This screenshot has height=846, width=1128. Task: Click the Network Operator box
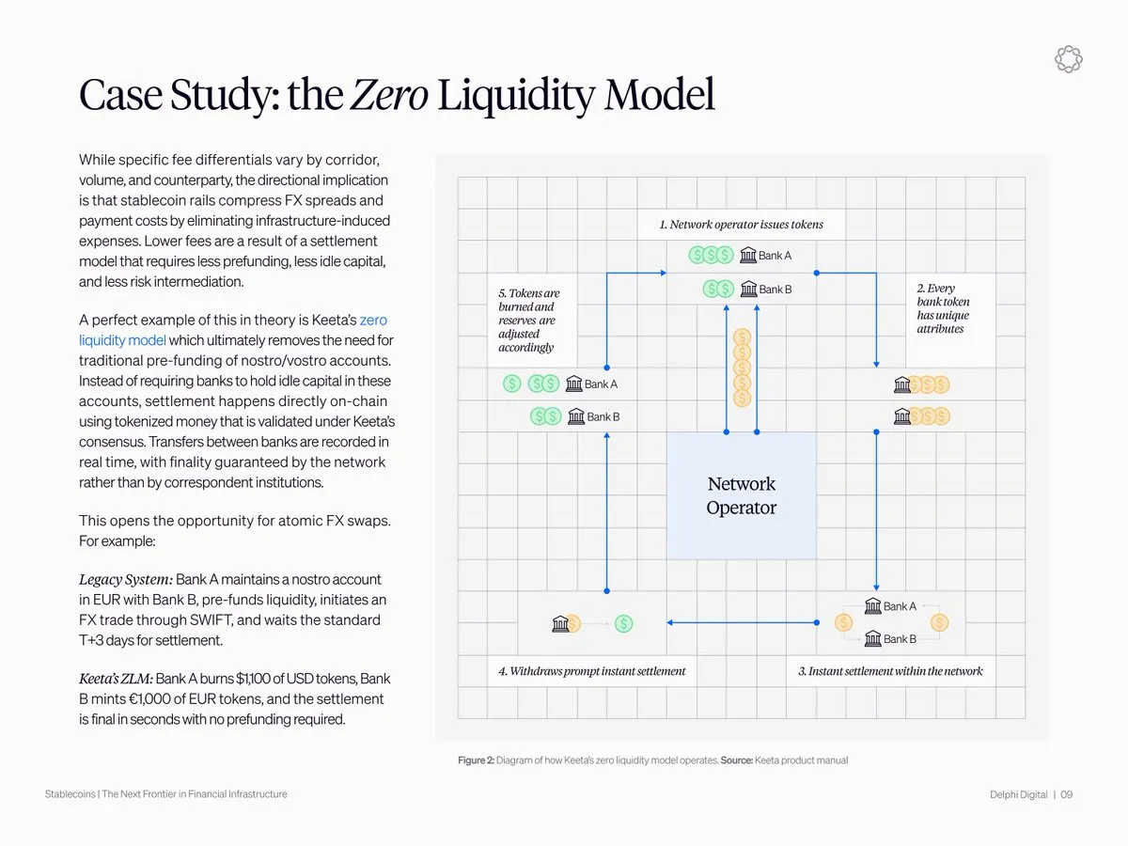point(741,495)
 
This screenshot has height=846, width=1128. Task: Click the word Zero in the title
point(389,95)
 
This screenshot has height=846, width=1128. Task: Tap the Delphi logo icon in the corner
point(1069,59)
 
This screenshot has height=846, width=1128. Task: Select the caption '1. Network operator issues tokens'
point(741,224)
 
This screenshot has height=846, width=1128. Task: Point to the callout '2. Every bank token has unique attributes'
point(943,308)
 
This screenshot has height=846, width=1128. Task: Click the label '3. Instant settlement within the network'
point(890,671)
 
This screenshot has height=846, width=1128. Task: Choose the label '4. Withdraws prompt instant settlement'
point(591,671)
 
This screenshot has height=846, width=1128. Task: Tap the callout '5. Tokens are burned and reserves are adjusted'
point(528,321)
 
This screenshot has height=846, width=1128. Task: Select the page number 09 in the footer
point(1066,794)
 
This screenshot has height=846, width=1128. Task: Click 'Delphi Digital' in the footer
point(1018,794)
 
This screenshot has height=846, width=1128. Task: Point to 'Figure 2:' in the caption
point(476,760)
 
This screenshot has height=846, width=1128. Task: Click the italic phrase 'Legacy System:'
point(125,579)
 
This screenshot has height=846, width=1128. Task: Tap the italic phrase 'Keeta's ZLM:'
point(116,679)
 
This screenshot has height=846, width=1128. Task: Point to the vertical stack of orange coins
point(742,367)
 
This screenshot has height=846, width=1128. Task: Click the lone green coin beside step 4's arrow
point(624,623)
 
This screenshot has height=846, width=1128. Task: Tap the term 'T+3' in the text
point(94,640)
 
